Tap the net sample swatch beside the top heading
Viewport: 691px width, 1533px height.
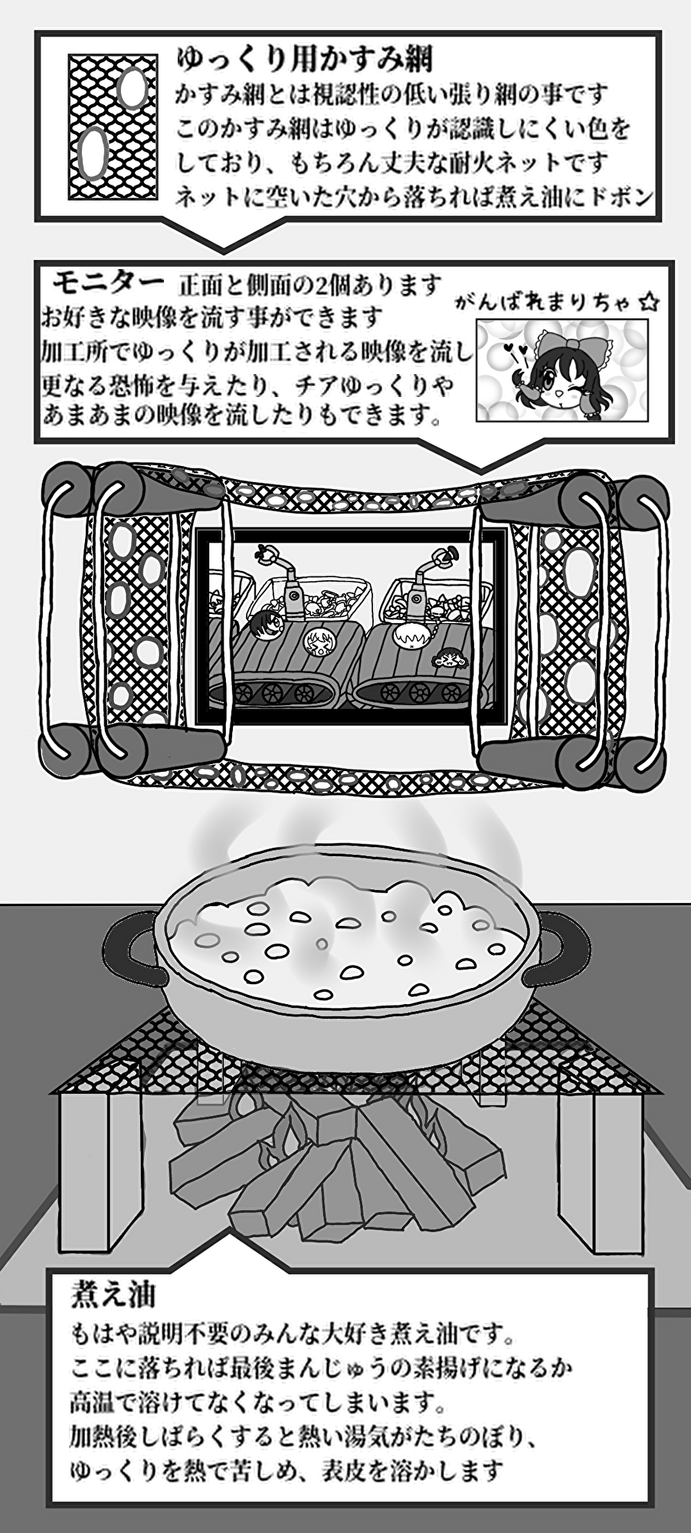tap(114, 126)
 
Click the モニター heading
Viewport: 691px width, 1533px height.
tap(108, 281)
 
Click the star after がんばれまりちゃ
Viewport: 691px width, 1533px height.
tap(648, 303)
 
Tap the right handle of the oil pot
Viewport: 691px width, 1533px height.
tap(562, 947)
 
